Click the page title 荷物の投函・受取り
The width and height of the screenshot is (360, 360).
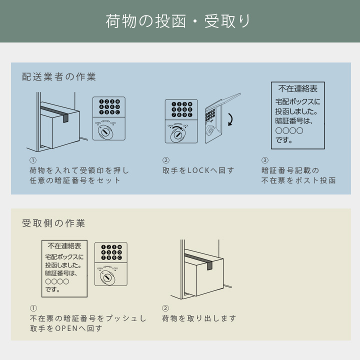(x=178, y=21)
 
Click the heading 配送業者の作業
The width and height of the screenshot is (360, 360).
(x=59, y=77)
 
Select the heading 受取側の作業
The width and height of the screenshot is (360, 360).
(x=53, y=223)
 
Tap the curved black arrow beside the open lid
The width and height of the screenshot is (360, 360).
(x=230, y=119)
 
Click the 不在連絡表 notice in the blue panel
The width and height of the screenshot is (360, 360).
(x=298, y=115)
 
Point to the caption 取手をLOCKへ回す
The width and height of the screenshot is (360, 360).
(x=198, y=170)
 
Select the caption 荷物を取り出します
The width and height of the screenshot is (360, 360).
(x=198, y=318)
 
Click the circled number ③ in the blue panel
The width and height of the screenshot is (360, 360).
(x=265, y=160)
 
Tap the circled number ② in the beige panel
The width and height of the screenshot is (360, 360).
(x=165, y=308)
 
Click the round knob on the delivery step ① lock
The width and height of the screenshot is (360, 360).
(x=106, y=132)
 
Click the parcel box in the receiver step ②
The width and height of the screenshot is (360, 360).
(x=202, y=273)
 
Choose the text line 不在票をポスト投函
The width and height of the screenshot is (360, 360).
(x=298, y=180)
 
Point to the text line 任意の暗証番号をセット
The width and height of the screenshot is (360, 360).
(x=75, y=180)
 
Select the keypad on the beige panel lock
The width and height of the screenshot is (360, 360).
(x=111, y=252)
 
